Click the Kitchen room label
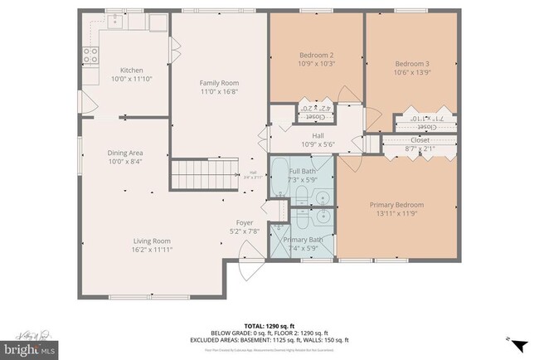click(x=132, y=70)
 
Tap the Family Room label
click(x=219, y=83)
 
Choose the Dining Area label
click(x=125, y=153)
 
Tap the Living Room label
click(x=153, y=241)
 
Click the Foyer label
click(x=245, y=222)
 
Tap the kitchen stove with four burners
click(x=90, y=55)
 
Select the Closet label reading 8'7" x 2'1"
click(x=420, y=149)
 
